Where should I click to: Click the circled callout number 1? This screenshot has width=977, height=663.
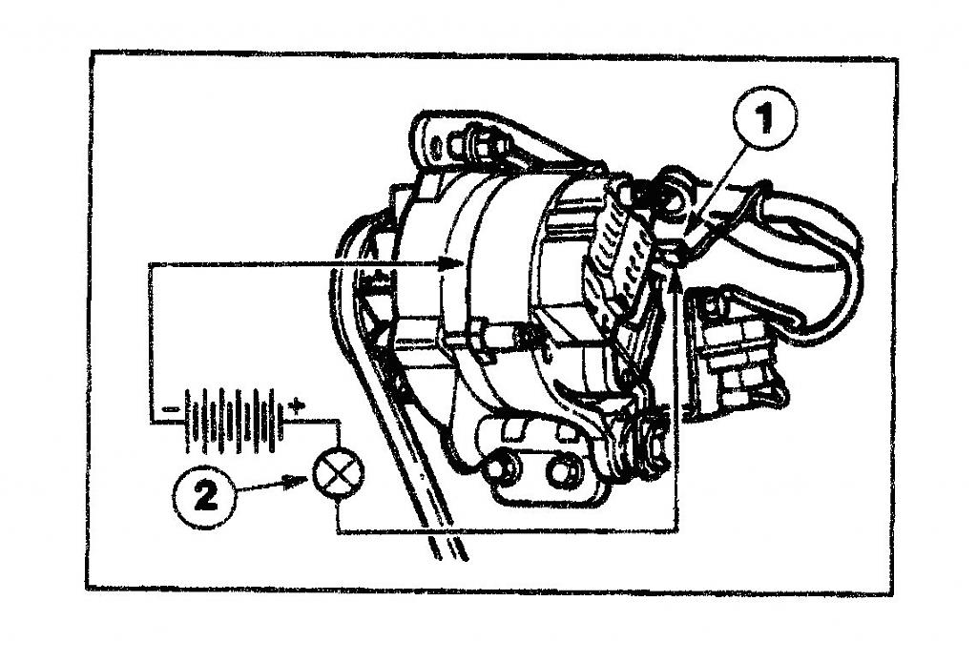[764, 117]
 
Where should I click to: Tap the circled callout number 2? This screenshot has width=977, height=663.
[204, 497]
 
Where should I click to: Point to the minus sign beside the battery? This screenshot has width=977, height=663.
[170, 409]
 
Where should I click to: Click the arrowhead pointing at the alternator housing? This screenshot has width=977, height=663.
[450, 263]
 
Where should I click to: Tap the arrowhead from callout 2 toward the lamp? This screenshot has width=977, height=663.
[294, 481]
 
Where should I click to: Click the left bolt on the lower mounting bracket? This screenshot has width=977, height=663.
[498, 468]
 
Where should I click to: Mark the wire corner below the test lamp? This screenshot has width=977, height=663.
[337, 531]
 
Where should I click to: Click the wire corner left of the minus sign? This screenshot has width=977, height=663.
[150, 424]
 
